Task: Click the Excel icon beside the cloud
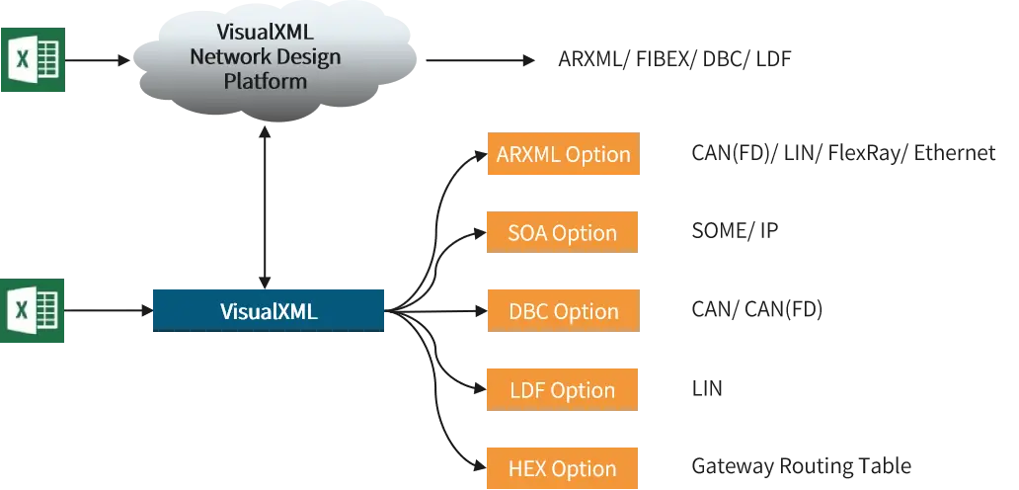[x=34, y=60]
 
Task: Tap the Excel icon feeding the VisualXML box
[x=33, y=310]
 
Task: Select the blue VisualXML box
[x=269, y=310]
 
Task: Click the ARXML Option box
[x=564, y=153]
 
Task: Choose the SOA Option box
[x=562, y=232]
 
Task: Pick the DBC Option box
[x=564, y=310]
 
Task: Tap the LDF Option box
[x=562, y=389]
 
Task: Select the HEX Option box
[x=562, y=468]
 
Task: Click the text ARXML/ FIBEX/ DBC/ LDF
[x=674, y=60]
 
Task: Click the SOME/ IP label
[x=735, y=231]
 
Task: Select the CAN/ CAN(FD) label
[x=757, y=310]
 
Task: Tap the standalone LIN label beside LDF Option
[x=707, y=388]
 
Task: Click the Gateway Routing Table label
[x=802, y=466]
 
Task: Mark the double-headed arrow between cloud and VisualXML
[x=265, y=207]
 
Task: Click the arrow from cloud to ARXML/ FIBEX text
[x=480, y=60]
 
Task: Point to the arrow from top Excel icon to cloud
[x=98, y=60]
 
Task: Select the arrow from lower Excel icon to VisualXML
[x=109, y=310]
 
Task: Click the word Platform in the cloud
[x=266, y=81]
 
